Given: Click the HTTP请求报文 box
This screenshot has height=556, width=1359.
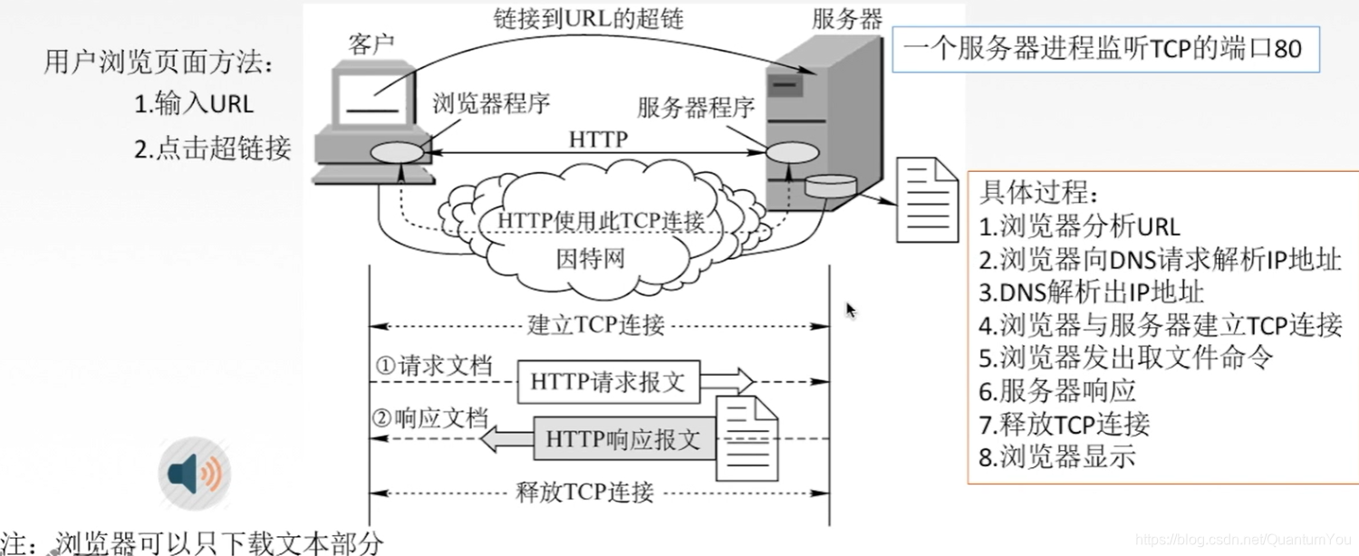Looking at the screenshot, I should pyautogui.click(x=608, y=382).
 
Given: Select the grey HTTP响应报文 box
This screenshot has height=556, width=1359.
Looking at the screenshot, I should pyautogui.click(x=623, y=440).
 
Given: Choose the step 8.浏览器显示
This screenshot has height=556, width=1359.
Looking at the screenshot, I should pyautogui.click(x=1057, y=456).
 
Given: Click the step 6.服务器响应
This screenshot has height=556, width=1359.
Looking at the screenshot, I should pyautogui.click(x=1057, y=391).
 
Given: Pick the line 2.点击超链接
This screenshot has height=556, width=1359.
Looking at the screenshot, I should pyautogui.click(x=213, y=149).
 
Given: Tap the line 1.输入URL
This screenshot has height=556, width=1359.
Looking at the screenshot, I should pyautogui.click(x=194, y=104).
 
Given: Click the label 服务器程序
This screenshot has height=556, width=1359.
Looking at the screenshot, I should pyautogui.click(x=696, y=109).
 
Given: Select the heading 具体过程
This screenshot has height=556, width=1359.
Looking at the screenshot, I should pyautogui.click(x=1038, y=194).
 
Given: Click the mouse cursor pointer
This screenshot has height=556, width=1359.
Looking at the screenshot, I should pyautogui.click(x=851, y=311).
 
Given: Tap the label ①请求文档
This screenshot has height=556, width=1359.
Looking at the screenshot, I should pyautogui.click(x=434, y=366).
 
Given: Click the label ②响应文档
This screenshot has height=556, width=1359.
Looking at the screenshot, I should pyautogui.click(x=431, y=418).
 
